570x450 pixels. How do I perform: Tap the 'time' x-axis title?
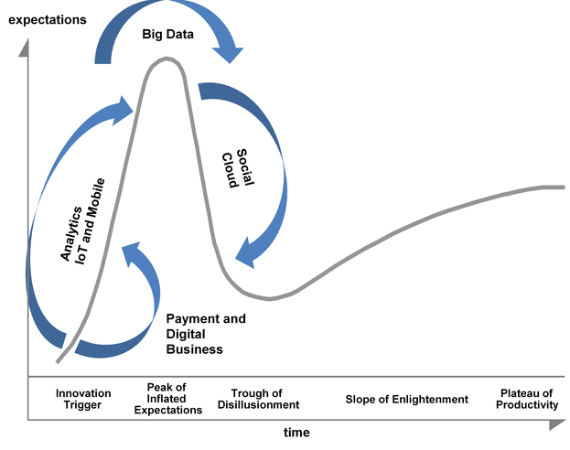point(295,432)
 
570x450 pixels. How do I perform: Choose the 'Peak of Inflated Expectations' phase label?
point(167,399)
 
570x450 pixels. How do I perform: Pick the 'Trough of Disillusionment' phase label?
point(265,399)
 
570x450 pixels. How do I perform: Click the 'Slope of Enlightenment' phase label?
point(406,399)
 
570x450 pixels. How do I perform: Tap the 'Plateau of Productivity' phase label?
point(528,399)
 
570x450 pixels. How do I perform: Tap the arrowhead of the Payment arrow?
point(131,251)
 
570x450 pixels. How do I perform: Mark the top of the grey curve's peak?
point(166,59)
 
